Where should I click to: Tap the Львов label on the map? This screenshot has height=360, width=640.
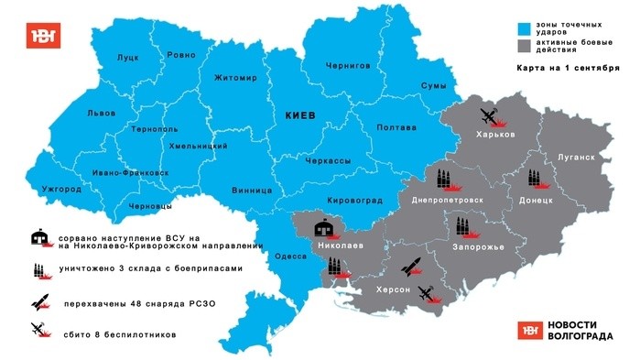pyautogui.click(x=102, y=113)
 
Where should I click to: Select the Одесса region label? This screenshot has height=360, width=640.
pyautogui.click(x=291, y=256)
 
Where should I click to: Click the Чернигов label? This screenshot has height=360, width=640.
pyautogui.click(x=348, y=66)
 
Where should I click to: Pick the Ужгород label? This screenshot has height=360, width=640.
pyautogui.click(x=61, y=189)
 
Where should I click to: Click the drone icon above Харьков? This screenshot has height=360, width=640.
pyautogui.click(x=490, y=116)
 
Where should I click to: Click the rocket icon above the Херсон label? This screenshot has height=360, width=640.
pyautogui.click(x=412, y=267)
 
